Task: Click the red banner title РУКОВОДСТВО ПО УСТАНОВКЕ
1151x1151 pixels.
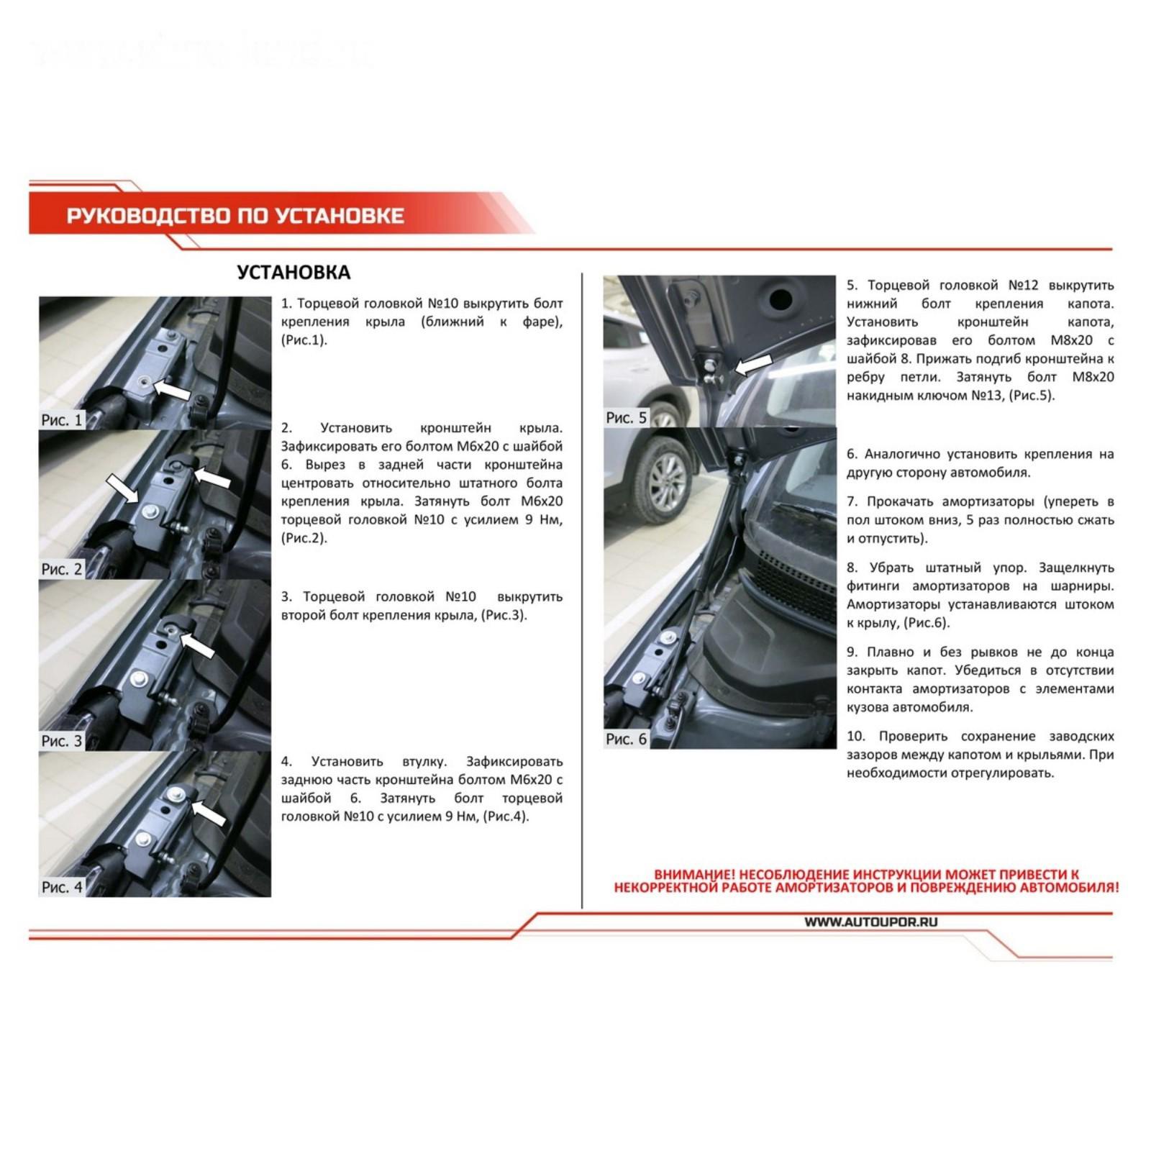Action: click(x=235, y=216)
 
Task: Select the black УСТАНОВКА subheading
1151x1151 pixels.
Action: click(x=294, y=273)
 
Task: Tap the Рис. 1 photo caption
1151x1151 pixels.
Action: click(x=62, y=420)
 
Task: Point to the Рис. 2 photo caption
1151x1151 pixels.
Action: click(x=62, y=569)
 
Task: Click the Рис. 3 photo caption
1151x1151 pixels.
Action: click(x=62, y=741)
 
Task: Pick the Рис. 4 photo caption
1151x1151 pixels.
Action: click(x=62, y=887)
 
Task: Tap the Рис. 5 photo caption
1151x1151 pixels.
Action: click(x=626, y=418)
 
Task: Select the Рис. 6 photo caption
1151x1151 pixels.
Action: click(x=626, y=740)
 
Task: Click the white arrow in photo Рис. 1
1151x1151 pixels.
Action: click(x=173, y=390)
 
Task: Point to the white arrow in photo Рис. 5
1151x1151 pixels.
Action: click(x=752, y=365)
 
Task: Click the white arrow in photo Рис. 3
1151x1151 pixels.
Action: click(x=196, y=644)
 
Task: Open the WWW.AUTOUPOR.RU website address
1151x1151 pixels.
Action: click(x=870, y=922)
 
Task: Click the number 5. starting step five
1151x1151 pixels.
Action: click(x=852, y=286)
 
